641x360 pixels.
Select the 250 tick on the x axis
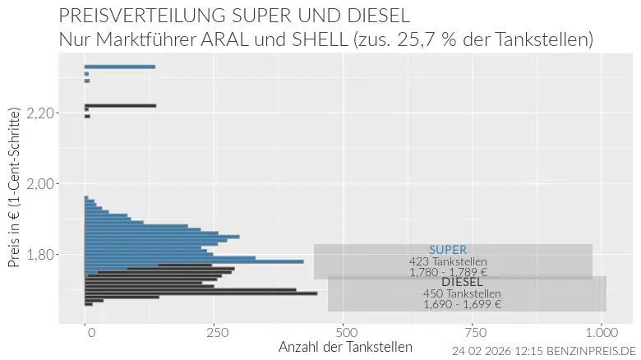tap(215, 332)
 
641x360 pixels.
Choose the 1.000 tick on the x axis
tap(602, 332)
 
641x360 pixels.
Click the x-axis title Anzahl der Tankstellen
tap(345, 347)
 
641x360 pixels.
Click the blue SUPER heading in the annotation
tap(448, 250)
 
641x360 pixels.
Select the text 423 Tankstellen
tap(448, 261)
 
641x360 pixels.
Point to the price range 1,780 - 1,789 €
tap(448, 272)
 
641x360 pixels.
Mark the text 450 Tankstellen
tap(462, 293)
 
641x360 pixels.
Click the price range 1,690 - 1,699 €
tap(462, 304)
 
